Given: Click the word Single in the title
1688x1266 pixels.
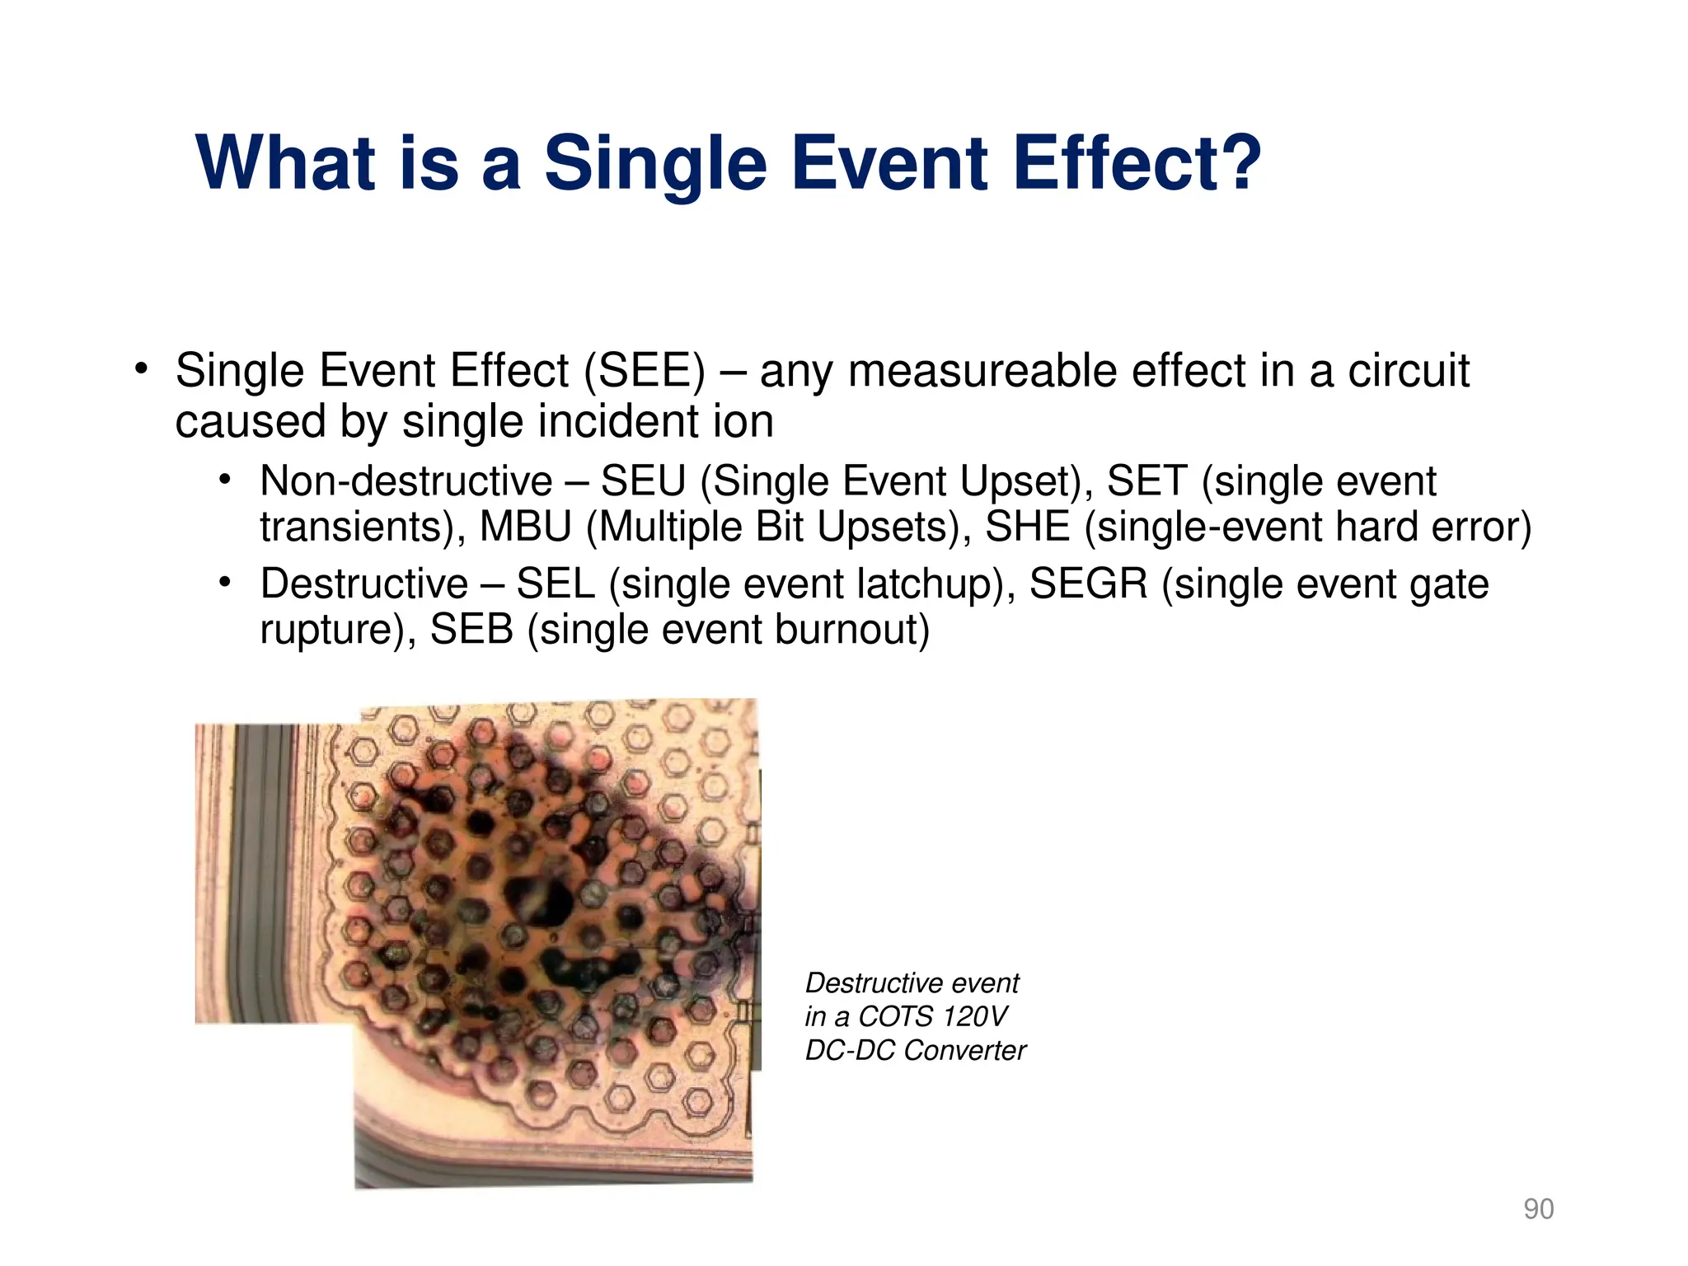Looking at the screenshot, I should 655,162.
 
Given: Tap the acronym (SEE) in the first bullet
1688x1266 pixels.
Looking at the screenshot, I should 645,371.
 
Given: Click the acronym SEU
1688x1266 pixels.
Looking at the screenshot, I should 643,481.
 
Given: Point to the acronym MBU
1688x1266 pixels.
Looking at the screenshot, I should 525,527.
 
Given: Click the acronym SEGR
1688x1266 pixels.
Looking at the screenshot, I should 1088,584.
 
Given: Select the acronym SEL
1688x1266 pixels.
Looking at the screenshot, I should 556,584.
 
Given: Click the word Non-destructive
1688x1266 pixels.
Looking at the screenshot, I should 406,481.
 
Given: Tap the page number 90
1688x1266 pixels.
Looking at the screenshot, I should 1538,1209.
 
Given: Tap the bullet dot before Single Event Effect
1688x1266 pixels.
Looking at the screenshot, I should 141,368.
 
